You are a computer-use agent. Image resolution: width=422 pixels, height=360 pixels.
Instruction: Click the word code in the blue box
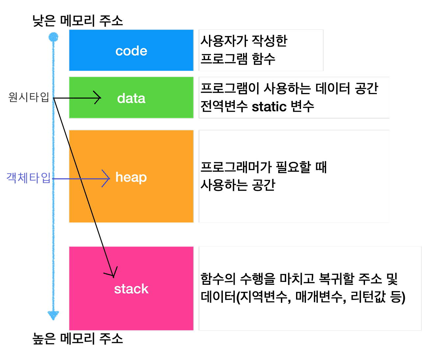pyautogui.click(x=131, y=51)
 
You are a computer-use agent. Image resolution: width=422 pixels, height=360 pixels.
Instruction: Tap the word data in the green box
pyautogui.click(x=131, y=98)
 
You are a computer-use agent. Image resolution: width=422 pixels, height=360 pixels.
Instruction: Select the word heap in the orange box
pyautogui.click(x=131, y=177)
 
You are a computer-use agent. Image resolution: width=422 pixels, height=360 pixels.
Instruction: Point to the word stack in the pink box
pyautogui.click(x=131, y=289)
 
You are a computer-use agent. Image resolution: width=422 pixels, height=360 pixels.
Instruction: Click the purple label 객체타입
pyautogui.click(x=28, y=178)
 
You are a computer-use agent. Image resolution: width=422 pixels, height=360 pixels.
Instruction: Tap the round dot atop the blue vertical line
pyautogui.click(x=53, y=37)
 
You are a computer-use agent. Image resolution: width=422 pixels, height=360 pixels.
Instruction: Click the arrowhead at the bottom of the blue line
pyautogui.click(x=53, y=315)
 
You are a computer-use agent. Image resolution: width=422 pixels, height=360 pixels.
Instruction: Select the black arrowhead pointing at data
pyautogui.click(x=98, y=98)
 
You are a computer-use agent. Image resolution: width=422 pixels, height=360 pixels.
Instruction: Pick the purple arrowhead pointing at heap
pyautogui.click(x=107, y=179)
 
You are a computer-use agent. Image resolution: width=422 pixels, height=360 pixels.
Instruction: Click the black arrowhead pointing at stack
pyautogui.click(x=111, y=273)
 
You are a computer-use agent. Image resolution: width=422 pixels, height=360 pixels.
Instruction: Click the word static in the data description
pyautogui.click(x=269, y=106)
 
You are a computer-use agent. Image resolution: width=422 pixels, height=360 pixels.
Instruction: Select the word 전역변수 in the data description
pyautogui.click(x=224, y=106)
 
